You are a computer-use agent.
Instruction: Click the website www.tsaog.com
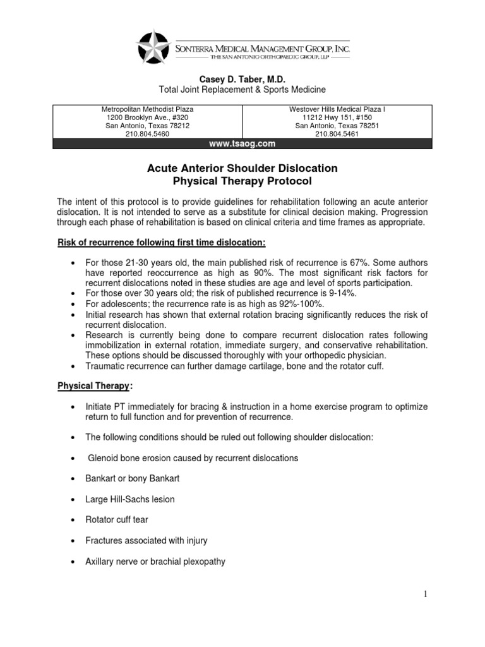point(242,143)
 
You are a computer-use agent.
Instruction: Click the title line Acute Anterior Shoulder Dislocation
point(242,168)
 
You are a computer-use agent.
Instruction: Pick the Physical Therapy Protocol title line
point(242,181)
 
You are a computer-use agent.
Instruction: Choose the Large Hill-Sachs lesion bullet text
point(130,499)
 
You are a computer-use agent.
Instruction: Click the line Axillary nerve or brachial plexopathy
point(155,562)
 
